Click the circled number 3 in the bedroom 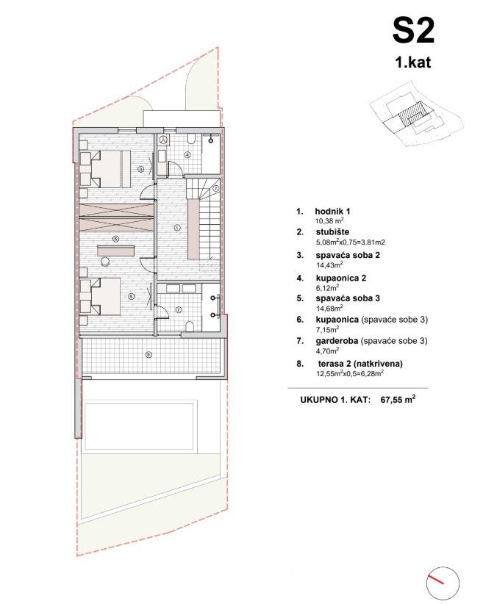(x=140, y=168)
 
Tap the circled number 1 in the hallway (x=177, y=228)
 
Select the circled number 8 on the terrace (x=149, y=354)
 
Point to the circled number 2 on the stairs (x=216, y=188)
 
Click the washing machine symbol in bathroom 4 (x=164, y=140)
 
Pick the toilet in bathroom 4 (x=191, y=139)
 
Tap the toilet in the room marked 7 (x=189, y=327)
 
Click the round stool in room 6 (x=105, y=261)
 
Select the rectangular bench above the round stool (x=115, y=250)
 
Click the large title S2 (x=413, y=32)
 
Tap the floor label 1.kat (x=413, y=62)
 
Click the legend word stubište (x=332, y=232)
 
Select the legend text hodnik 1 (x=332, y=211)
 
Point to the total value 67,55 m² (x=398, y=400)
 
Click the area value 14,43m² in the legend (x=329, y=265)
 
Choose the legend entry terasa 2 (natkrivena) (x=360, y=364)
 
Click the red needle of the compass (x=435, y=580)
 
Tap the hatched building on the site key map (x=410, y=115)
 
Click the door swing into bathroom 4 (x=175, y=168)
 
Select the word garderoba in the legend (x=337, y=341)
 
